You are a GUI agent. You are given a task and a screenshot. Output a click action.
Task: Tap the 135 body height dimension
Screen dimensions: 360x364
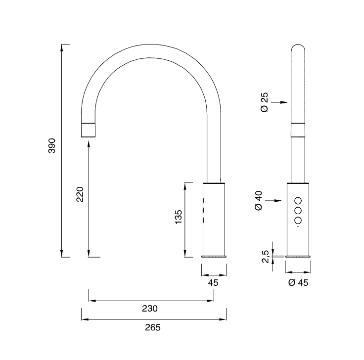[x=179, y=218]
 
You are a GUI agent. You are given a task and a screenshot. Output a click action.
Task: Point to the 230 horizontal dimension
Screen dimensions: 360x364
[x=150, y=308]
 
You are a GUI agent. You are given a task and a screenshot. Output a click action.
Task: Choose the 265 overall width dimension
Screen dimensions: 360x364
[x=153, y=327]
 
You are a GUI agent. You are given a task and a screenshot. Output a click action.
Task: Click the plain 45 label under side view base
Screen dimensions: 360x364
[x=214, y=282]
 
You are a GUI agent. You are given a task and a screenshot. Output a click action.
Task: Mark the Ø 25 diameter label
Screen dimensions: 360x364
[x=264, y=102]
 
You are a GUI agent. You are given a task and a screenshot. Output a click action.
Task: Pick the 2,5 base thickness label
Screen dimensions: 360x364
[x=266, y=256]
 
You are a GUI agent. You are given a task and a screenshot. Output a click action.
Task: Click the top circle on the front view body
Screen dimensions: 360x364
[x=298, y=200]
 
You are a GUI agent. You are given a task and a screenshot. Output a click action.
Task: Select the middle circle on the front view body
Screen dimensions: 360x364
[x=298, y=211]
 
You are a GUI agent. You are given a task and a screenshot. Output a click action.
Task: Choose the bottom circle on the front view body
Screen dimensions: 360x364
[x=298, y=221]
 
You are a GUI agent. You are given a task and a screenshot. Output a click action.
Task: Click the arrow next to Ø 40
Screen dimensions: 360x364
[x=275, y=201]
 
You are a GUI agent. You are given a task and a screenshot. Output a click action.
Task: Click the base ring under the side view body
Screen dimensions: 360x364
[x=214, y=257]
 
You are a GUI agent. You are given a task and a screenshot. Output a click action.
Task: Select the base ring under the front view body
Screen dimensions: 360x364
[x=298, y=257]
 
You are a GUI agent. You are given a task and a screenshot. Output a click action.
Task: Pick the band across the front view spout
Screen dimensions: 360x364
[x=298, y=130]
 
